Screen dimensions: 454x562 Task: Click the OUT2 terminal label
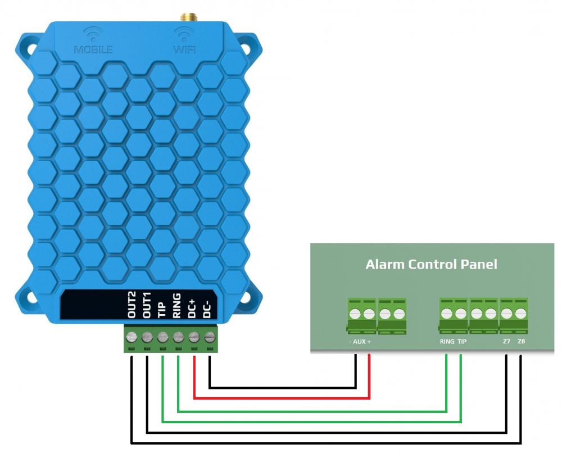coord(132,307)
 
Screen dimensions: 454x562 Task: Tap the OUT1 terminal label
coord(147,307)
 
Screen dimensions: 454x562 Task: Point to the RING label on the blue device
coord(177,307)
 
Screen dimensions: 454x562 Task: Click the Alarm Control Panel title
coord(431,264)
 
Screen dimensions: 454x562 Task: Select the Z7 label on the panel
coord(506,342)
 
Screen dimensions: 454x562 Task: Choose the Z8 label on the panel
coord(521,342)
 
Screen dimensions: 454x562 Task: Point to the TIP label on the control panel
coord(463,342)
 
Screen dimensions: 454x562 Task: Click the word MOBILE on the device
coord(93,49)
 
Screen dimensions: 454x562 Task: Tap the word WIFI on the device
coord(184,49)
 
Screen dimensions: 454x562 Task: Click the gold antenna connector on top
coord(184,17)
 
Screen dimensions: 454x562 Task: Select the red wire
coord(281,398)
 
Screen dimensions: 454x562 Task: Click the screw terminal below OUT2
coord(132,338)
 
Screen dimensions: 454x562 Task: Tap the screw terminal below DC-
coord(210,338)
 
